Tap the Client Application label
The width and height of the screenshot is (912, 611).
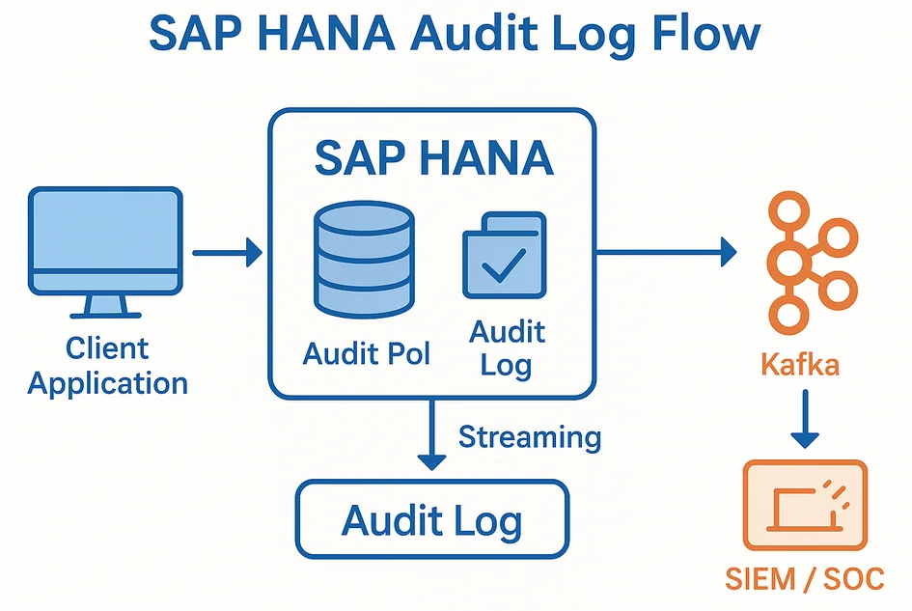tap(107, 366)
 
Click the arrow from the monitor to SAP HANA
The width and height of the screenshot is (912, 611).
tap(228, 254)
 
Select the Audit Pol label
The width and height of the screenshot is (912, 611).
tap(365, 352)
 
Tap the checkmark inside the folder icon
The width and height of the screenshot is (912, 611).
tap(504, 264)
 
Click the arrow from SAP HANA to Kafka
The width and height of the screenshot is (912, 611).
tap(666, 254)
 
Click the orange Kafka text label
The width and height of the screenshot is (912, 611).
tap(800, 366)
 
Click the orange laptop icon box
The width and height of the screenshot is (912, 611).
tap(805, 505)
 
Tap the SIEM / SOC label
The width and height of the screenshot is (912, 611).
tap(804, 578)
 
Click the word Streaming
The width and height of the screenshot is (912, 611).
tap(529, 436)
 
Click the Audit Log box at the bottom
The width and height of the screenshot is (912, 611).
tap(431, 521)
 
